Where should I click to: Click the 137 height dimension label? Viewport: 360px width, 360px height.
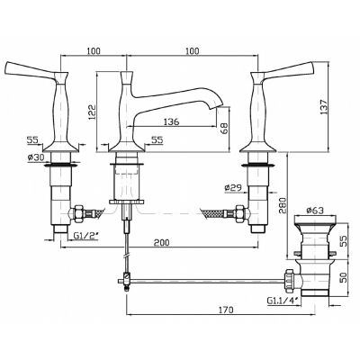324,106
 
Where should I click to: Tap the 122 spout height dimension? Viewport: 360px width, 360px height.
92,112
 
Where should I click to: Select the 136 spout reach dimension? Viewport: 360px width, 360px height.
172,121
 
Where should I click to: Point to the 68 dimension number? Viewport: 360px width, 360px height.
224,128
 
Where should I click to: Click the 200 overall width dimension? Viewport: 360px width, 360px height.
161,242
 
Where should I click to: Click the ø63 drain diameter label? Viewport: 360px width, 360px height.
315,211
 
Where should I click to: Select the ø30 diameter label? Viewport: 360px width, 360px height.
36,157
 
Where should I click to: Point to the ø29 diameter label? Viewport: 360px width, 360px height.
233,187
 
